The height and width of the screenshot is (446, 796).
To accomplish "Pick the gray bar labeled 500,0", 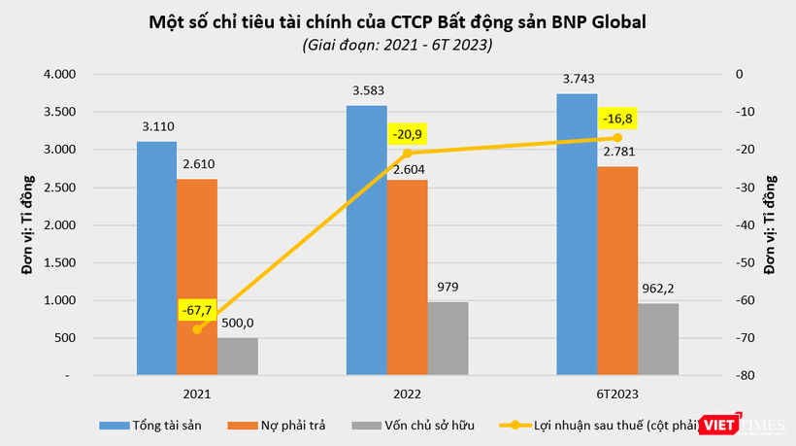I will [237, 356].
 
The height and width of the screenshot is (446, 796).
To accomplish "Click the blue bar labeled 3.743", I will [577, 233].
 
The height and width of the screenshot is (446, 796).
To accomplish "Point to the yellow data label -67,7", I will [198, 311].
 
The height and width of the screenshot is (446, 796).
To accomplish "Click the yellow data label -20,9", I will [408, 135].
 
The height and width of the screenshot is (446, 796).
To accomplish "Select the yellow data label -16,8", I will [617, 119].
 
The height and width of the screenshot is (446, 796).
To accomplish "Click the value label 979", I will [448, 287].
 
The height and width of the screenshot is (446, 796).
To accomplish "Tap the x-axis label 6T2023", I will [617, 394].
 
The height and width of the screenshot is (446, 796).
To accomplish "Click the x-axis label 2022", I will [407, 394].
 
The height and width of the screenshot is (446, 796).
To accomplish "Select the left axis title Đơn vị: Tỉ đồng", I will [28, 224].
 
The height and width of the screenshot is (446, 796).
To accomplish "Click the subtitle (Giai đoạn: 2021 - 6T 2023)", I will [397, 45].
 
